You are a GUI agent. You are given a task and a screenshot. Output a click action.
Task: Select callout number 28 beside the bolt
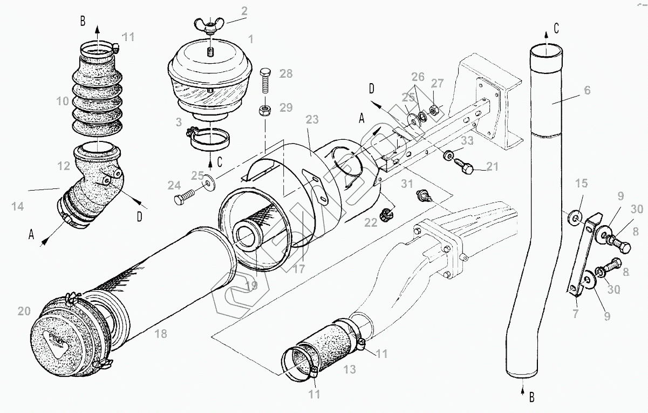click(x=287, y=73)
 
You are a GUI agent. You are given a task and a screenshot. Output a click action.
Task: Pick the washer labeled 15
click(x=576, y=218)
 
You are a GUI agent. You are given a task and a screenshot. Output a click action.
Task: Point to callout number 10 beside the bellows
click(x=63, y=100)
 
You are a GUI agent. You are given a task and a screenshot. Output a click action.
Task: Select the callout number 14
click(x=16, y=206)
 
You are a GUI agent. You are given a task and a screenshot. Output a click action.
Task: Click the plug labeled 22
click(x=386, y=215)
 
